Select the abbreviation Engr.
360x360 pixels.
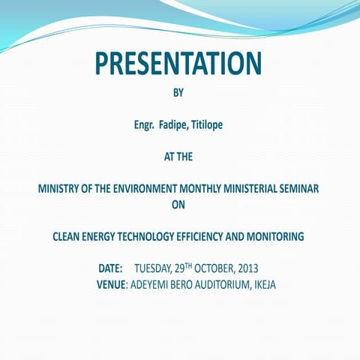pos(145,124)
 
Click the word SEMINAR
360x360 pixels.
pos(301,190)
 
